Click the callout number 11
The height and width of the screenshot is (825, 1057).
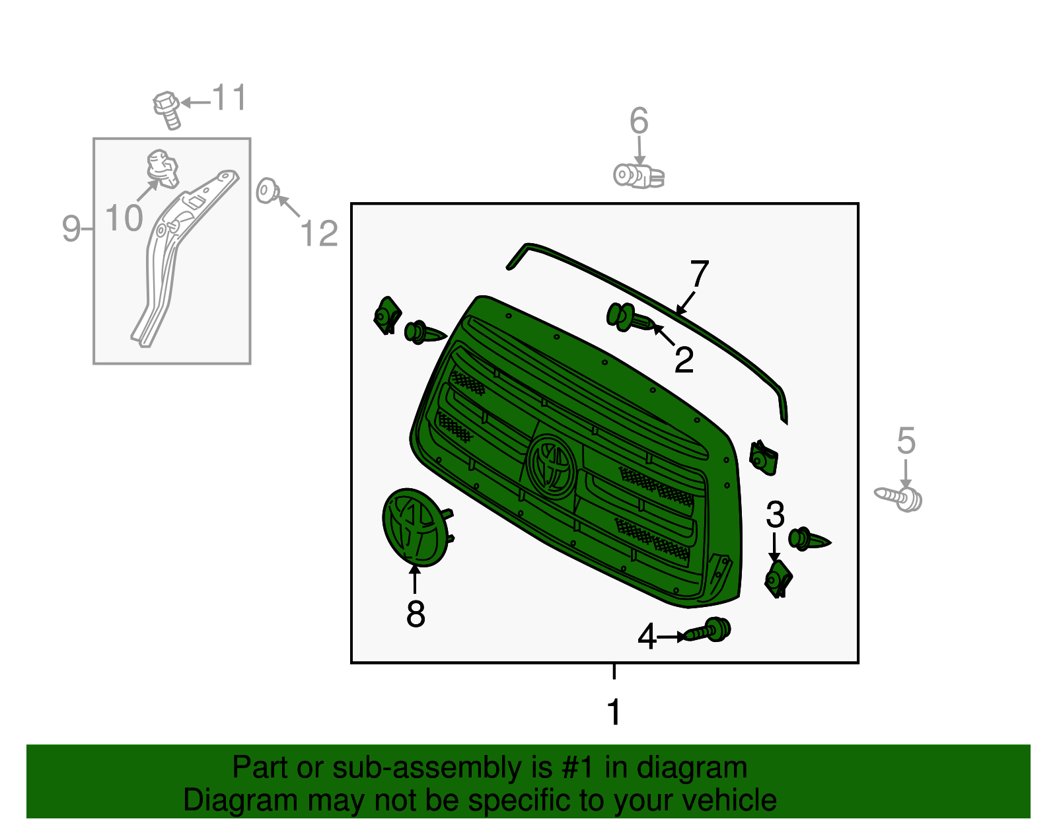pyautogui.click(x=229, y=97)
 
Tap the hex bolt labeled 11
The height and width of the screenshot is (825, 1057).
pyautogui.click(x=167, y=110)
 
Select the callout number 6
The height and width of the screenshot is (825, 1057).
pyautogui.click(x=639, y=121)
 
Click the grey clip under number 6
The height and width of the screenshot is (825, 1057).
pyautogui.click(x=639, y=176)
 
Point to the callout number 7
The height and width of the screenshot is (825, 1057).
pyautogui.click(x=700, y=273)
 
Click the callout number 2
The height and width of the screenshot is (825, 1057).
pyautogui.click(x=684, y=360)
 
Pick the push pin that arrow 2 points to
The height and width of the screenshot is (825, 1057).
pyautogui.click(x=631, y=317)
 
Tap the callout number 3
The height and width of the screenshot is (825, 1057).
pyautogui.click(x=775, y=515)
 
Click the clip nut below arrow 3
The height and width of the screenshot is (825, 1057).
pyautogui.click(x=778, y=579)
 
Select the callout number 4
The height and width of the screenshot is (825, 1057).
pyautogui.click(x=647, y=636)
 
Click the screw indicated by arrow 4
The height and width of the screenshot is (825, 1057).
pyautogui.click(x=707, y=630)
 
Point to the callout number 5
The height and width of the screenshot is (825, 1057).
pyautogui.click(x=906, y=441)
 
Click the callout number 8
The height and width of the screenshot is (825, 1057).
pyautogui.click(x=416, y=614)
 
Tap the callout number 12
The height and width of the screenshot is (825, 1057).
pyautogui.click(x=319, y=233)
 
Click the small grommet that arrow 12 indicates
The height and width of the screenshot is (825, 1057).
pyautogui.click(x=267, y=191)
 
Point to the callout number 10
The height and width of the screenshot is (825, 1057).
pyautogui.click(x=124, y=217)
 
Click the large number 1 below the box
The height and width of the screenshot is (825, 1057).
pyautogui.click(x=614, y=711)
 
